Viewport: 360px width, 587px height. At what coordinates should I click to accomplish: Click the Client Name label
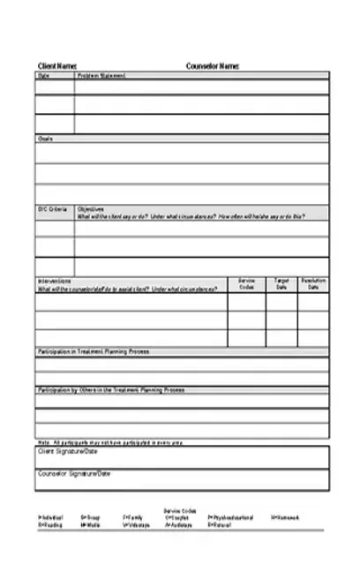[56, 66]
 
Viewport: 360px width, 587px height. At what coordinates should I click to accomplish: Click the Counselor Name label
[212, 66]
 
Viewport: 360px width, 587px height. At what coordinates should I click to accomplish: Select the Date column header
[44, 76]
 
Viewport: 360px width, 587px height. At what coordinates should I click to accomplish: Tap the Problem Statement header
[101, 76]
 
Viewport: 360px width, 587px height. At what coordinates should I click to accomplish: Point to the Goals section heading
[45, 139]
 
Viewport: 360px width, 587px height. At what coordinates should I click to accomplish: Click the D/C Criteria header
[52, 209]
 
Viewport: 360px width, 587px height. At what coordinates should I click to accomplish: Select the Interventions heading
[55, 282]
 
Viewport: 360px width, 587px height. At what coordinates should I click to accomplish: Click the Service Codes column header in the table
[246, 284]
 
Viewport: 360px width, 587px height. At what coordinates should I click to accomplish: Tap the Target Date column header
[281, 284]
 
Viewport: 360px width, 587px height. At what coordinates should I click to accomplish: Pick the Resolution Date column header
[313, 284]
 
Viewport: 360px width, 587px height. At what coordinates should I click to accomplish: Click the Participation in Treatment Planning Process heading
[94, 351]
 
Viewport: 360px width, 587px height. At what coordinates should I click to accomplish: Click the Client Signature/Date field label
[68, 451]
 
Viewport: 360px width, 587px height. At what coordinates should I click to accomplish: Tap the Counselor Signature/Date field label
[74, 474]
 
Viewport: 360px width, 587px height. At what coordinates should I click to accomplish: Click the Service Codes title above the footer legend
[180, 510]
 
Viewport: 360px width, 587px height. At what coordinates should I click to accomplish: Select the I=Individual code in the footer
[50, 517]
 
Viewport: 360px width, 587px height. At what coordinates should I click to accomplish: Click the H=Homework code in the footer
[285, 517]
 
